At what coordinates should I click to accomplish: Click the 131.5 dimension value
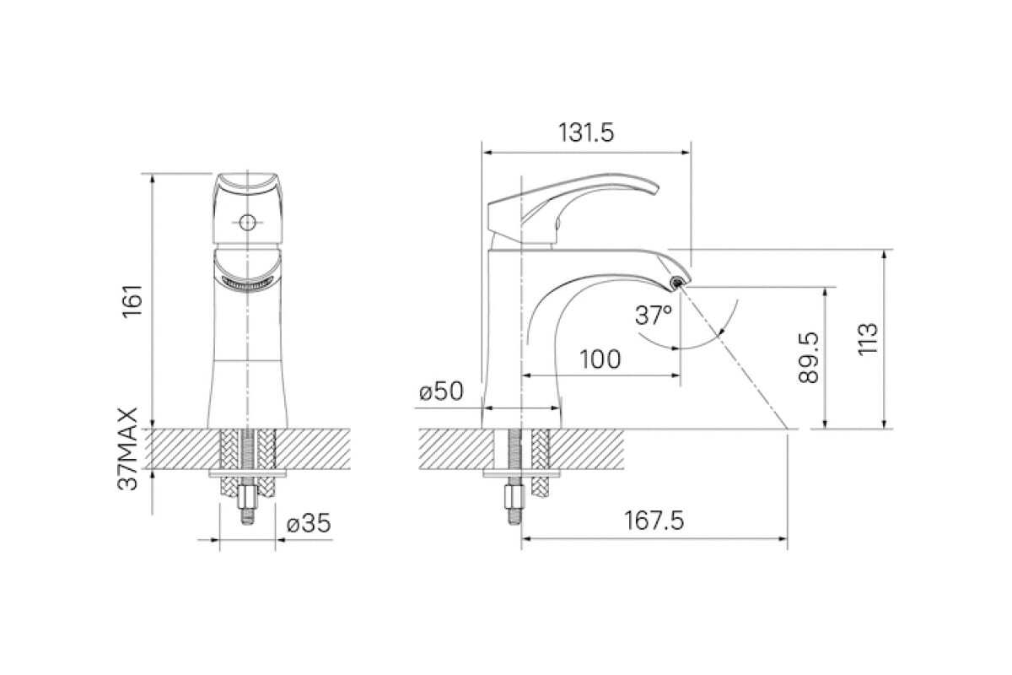pos(586,133)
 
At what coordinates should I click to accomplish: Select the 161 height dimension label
pos(133,301)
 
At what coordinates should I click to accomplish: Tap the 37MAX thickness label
pos(128,449)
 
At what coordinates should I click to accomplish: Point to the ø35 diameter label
pos(309,523)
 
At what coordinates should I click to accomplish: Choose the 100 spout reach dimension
pos(600,359)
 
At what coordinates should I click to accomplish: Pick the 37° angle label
pos(654,315)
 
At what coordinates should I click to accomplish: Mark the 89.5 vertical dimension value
pos(808,358)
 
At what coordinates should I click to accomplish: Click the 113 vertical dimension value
pos(868,339)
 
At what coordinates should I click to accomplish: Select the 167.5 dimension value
pos(654,521)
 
